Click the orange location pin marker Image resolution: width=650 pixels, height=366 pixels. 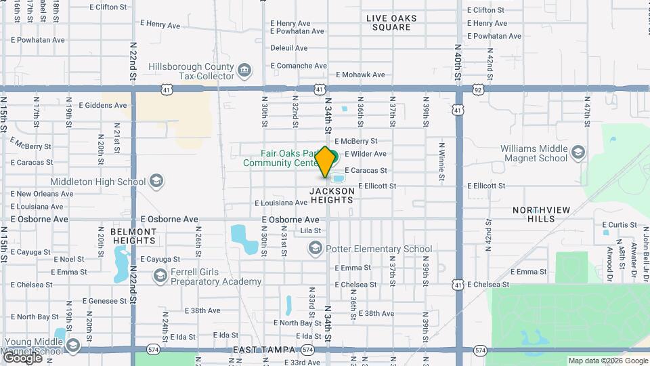click(x=325, y=162)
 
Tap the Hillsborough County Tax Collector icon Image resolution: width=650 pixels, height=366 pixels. click(x=244, y=69)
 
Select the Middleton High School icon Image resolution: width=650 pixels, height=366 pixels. click(x=156, y=181)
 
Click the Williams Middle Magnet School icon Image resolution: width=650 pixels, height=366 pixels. click(x=578, y=152)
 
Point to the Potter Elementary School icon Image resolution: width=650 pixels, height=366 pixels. click(x=315, y=249)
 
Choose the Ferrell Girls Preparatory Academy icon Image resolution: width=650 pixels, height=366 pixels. click(x=160, y=276)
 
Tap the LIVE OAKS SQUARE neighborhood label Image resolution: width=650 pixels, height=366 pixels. click(x=391, y=22)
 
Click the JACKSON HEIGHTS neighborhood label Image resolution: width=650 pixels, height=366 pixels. click(x=332, y=196)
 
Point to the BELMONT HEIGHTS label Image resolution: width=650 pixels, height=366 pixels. click(x=133, y=236)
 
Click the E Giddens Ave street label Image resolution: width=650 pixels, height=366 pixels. click(x=103, y=106)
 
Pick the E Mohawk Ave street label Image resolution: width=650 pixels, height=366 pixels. click(x=360, y=75)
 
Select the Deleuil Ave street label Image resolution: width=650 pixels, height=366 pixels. click(x=289, y=48)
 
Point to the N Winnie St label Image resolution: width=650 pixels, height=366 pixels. click(x=441, y=161)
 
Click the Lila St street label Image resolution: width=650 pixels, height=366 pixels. click(x=310, y=231)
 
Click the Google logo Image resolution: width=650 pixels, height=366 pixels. click(x=23, y=357)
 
